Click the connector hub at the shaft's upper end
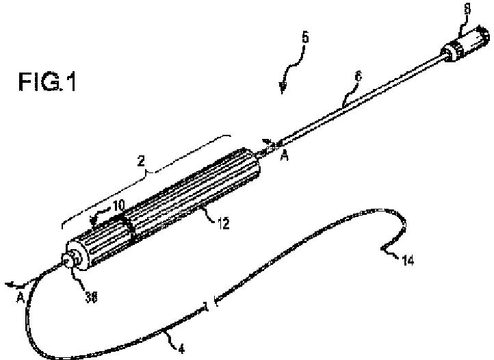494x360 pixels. [465, 43]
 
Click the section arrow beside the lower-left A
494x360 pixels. [14, 281]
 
